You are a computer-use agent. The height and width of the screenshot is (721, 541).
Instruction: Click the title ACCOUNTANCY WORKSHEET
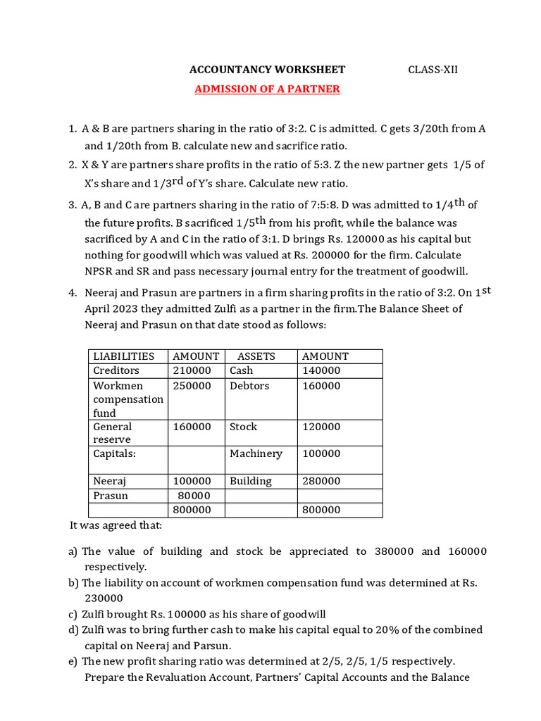click(267, 70)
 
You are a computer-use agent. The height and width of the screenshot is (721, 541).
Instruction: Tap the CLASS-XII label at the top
click(433, 70)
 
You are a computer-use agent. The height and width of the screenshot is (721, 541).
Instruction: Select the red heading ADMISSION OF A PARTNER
click(267, 89)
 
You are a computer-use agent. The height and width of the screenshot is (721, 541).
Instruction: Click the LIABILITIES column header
click(123, 356)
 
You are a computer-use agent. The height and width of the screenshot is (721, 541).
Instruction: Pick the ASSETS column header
click(256, 356)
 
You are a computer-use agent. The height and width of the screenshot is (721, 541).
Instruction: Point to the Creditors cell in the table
click(116, 370)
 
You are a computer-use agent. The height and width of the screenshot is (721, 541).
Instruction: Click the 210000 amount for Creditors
click(192, 370)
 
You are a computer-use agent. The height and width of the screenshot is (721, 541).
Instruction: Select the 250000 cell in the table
click(192, 386)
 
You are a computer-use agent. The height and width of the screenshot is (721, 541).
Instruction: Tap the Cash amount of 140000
click(321, 370)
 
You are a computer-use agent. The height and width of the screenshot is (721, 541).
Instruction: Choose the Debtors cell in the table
click(249, 386)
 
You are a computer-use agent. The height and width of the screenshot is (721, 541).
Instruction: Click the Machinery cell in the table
click(256, 454)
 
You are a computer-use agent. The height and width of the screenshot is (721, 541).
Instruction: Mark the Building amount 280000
click(321, 482)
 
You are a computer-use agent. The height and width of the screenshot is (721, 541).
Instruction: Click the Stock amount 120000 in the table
click(321, 427)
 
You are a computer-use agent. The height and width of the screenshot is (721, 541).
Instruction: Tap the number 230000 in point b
click(104, 598)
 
